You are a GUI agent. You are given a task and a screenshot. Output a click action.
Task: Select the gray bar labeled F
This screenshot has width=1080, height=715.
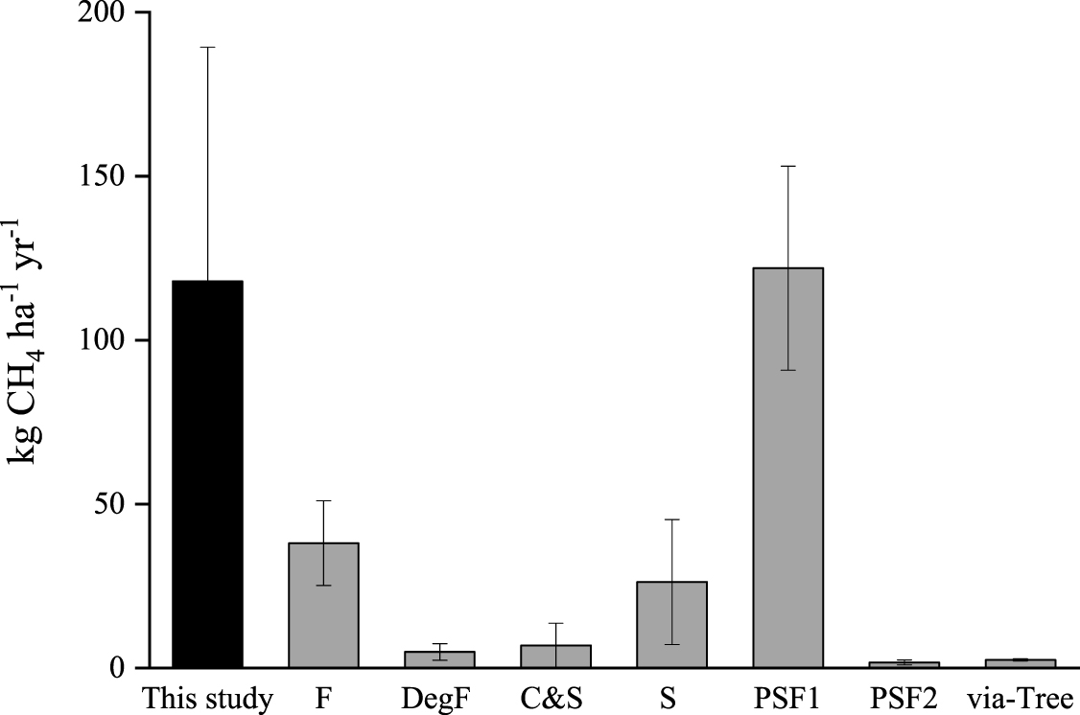[323, 605]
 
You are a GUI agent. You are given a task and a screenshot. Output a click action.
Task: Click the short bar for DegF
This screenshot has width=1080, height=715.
[439, 659]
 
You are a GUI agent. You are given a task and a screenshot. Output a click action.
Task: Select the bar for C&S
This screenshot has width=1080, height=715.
[555, 657]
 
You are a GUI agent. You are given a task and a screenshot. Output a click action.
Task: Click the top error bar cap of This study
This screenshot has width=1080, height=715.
[207, 47]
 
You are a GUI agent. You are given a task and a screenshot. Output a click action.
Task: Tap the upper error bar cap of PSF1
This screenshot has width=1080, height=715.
[787, 167]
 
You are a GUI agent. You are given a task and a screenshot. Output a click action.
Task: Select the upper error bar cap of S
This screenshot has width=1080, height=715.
[671, 519]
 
